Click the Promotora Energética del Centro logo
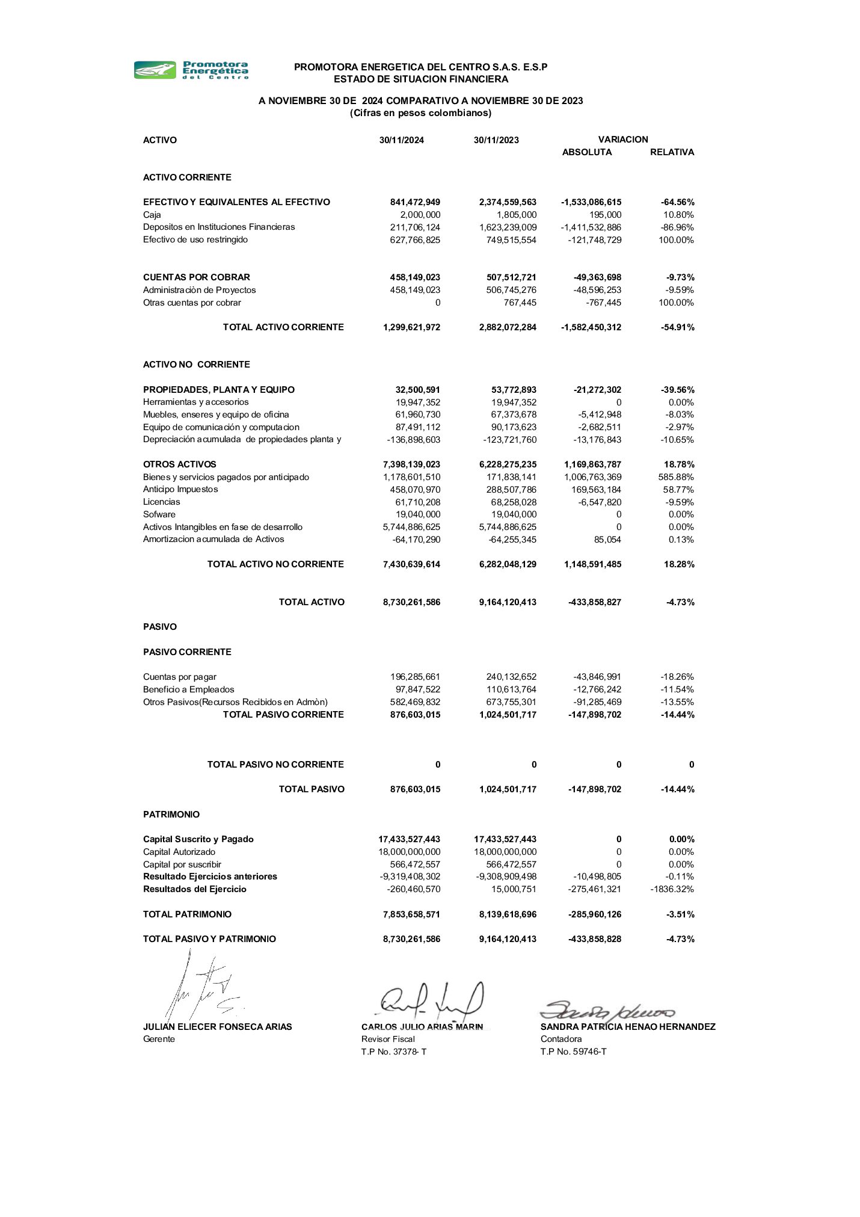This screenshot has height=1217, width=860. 191,70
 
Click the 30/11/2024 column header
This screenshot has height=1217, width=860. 401,140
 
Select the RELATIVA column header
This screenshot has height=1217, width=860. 672,152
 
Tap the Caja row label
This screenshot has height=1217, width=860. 152,215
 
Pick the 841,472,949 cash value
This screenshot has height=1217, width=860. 415,202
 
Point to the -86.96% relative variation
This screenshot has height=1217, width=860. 677,227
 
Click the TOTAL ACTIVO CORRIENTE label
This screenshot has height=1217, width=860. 283,327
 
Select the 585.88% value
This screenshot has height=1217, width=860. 676,477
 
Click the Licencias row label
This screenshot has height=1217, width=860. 162,502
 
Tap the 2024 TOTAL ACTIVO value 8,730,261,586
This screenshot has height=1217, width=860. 411,602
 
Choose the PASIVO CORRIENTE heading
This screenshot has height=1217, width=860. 187,652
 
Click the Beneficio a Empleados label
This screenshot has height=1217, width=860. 189,689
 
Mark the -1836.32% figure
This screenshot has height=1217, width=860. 672,889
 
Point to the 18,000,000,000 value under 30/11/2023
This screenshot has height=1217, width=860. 505,852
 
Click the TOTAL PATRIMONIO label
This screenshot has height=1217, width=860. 187,914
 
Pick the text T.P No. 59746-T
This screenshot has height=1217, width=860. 573,1052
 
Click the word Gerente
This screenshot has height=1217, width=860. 159,1039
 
